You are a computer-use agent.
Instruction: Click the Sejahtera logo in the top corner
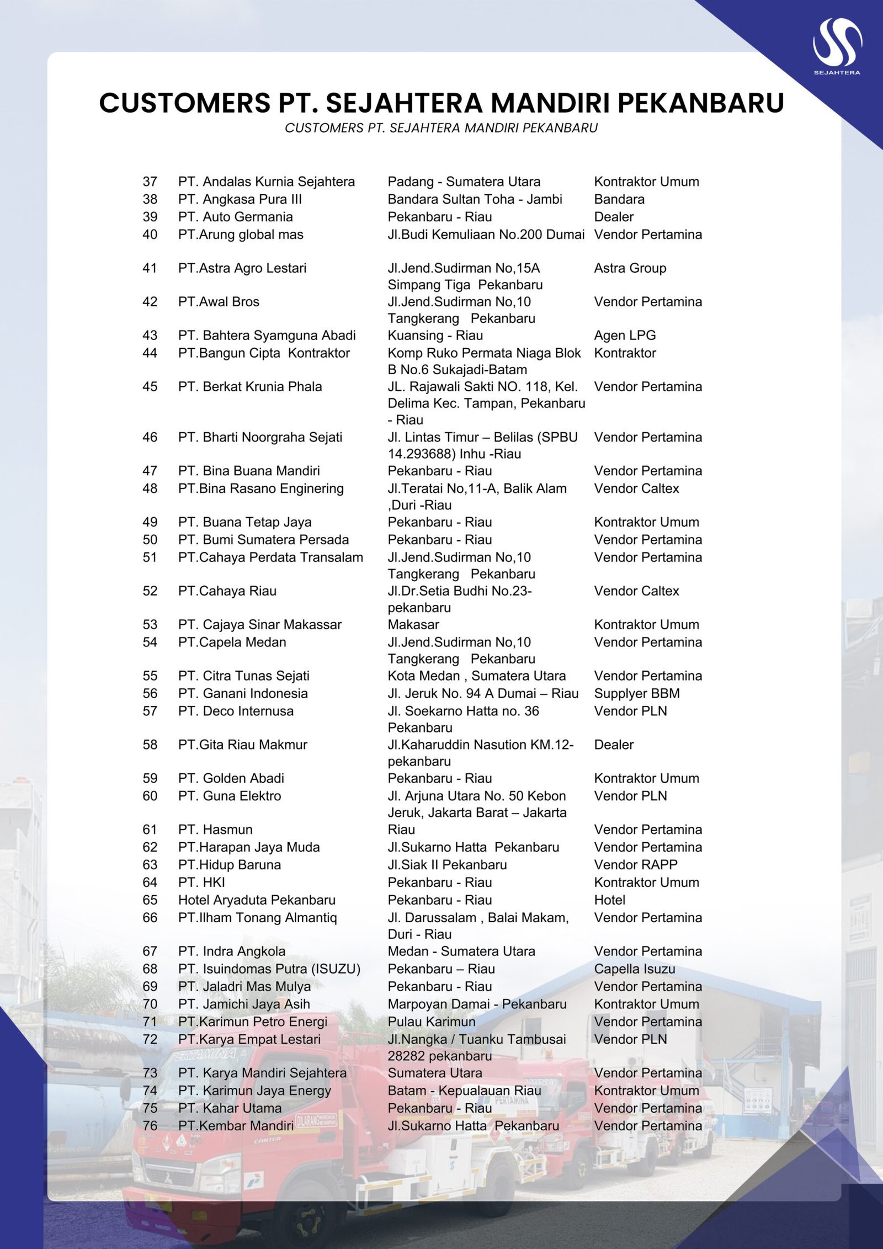tap(837, 46)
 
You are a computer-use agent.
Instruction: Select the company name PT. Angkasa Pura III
tap(240, 199)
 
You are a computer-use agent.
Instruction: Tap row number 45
tap(150, 386)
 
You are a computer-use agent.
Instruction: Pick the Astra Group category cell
tap(630, 268)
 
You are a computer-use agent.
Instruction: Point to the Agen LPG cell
tap(625, 335)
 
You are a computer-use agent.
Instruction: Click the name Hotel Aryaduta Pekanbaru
tap(257, 900)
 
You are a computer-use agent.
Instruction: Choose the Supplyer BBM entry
tap(636, 693)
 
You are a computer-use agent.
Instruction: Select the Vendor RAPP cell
tap(635, 864)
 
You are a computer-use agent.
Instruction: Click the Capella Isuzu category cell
tap(634, 969)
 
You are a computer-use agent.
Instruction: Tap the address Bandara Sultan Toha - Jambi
tap(475, 199)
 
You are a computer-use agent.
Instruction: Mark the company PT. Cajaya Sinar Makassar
tap(259, 624)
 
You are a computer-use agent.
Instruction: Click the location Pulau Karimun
tap(431, 1022)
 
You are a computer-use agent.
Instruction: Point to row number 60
tap(150, 796)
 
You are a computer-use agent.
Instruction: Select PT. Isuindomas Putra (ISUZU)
tap(269, 969)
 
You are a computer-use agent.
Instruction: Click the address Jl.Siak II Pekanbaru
tap(446, 864)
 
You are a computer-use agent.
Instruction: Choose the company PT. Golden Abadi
tap(231, 778)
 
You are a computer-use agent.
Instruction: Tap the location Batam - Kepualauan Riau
tap(464, 1091)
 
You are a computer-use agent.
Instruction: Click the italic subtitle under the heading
tap(441, 128)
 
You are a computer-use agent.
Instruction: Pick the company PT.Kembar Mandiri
tap(236, 1125)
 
